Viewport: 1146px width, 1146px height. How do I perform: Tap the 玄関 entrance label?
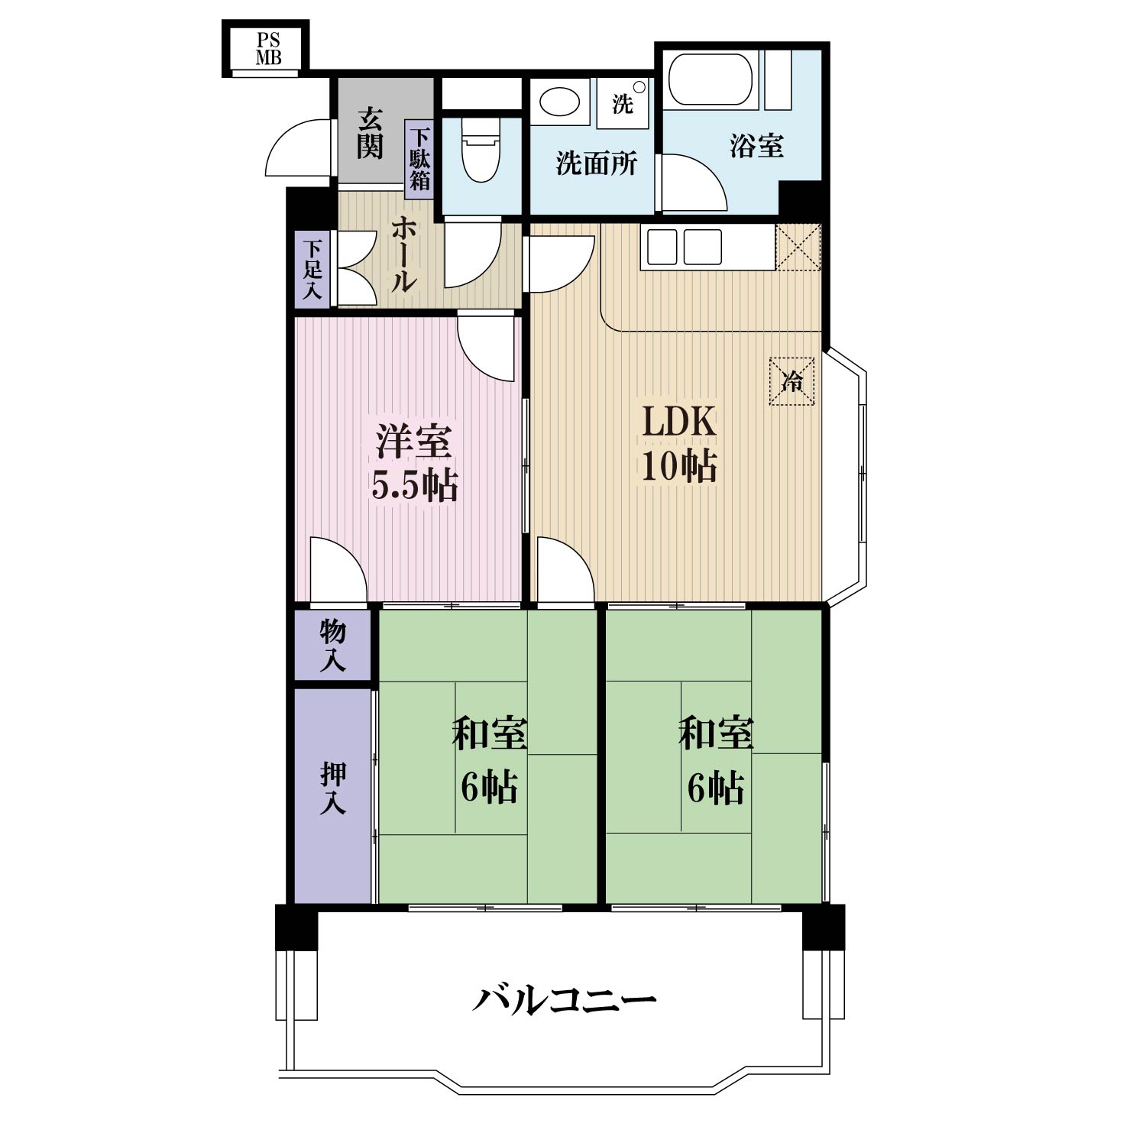pyautogui.click(x=370, y=133)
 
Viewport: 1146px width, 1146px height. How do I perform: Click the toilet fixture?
pyautogui.click(x=481, y=148)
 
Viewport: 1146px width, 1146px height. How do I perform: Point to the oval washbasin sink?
pyautogui.click(x=559, y=102)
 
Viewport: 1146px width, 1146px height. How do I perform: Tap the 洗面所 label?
pyautogui.click(x=596, y=163)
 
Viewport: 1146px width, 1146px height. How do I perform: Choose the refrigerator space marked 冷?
pyautogui.click(x=792, y=380)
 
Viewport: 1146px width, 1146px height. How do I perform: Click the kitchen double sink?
pyautogui.click(x=685, y=246)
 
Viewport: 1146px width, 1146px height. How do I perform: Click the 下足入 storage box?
pyautogui.click(x=312, y=269)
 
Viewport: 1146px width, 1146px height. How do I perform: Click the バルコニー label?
pyautogui.click(x=564, y=999)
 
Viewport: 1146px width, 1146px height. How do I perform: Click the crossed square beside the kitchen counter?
pyautogui.click(x=798, y=246)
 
